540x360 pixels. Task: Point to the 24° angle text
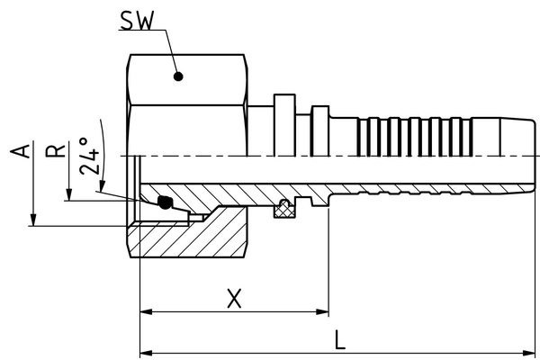click(87, 158)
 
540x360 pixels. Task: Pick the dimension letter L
click(338, 341)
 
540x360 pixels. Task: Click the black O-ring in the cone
click(165, 203)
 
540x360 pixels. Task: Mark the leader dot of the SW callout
click(178, 76)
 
